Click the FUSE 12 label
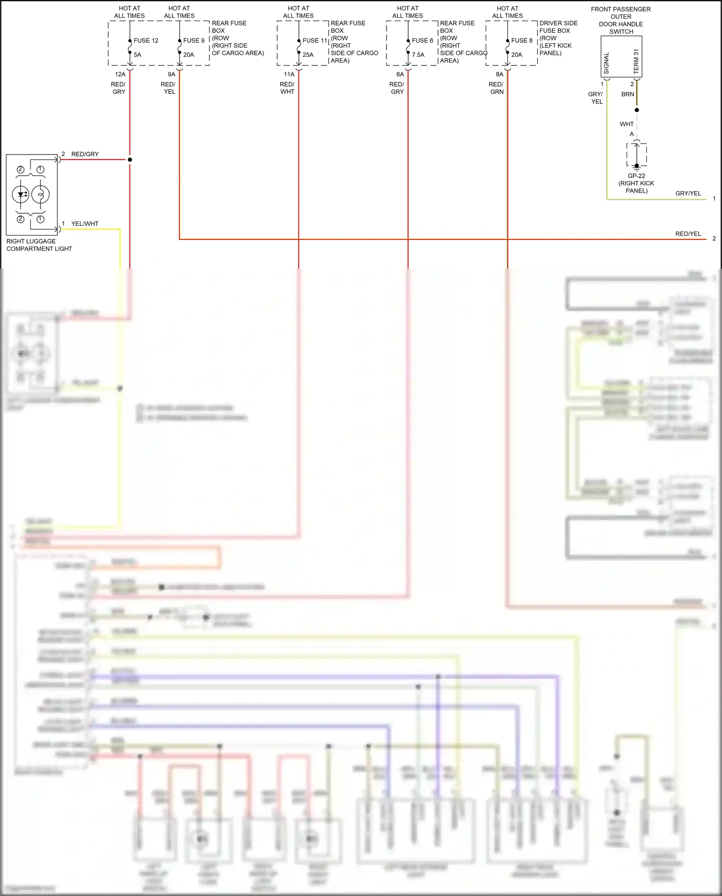[x=146, y=40]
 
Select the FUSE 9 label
[x=193, y=40]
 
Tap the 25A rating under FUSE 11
[x=308, y=55]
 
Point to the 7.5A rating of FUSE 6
[x=418, y=55]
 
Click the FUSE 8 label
[x=522, y=40]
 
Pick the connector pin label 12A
[x=120, y=74]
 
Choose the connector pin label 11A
[x=289, y=74]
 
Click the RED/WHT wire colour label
[x=287, y=88]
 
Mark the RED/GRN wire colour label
[x=496, y=88]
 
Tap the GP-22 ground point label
[x=636, y=176]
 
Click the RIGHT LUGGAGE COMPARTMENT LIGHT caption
[x=39, y=245]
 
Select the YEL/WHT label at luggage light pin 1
[x=85, y=223]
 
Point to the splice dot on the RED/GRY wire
[x=130, y=159]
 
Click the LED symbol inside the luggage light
[x=21, y=195]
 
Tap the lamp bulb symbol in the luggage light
[x=40, y=195]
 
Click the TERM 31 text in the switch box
[x=636, y=61]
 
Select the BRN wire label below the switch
[x=628, y=94]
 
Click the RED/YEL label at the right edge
[x=688, y=234]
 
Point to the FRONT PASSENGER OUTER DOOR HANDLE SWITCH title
[x=620, y=20]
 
